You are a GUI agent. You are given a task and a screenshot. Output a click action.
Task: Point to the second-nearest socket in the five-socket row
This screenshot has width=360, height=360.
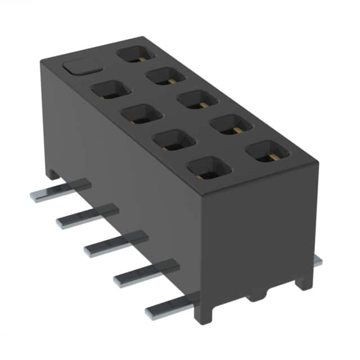click(x=231, y=124)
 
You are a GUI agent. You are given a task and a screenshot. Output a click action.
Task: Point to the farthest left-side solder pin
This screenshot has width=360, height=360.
click(x=59, y=191)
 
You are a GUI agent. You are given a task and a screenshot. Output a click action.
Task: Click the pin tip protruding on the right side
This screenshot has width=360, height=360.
click(x=318, y=261)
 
